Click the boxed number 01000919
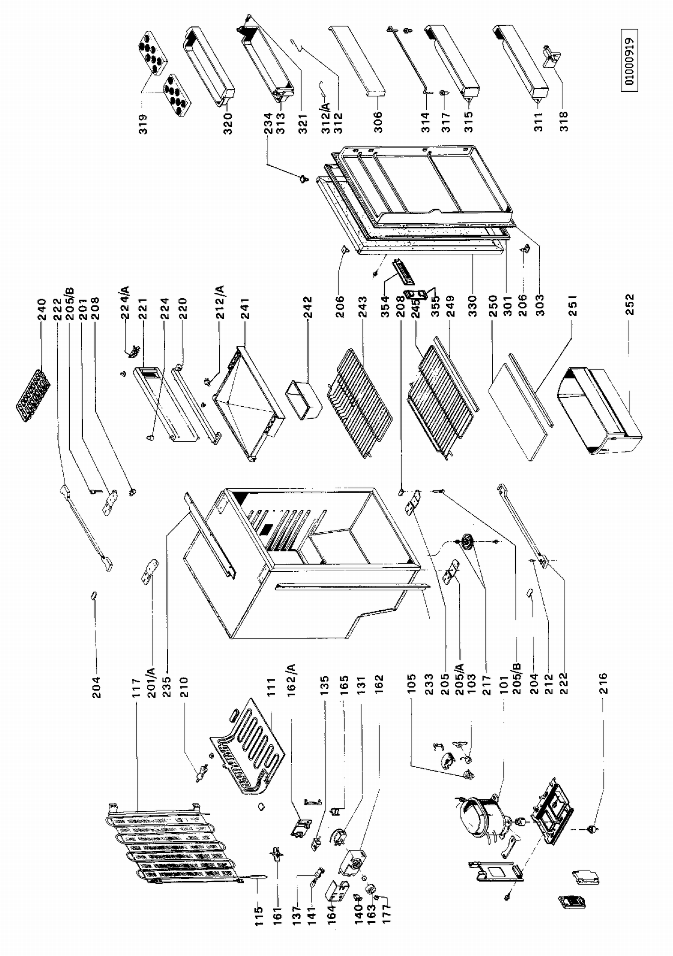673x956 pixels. coord(629,61)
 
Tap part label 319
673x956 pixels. coord(144,117)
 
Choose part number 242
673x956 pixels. coord(308,307)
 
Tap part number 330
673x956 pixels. coord(472,305)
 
